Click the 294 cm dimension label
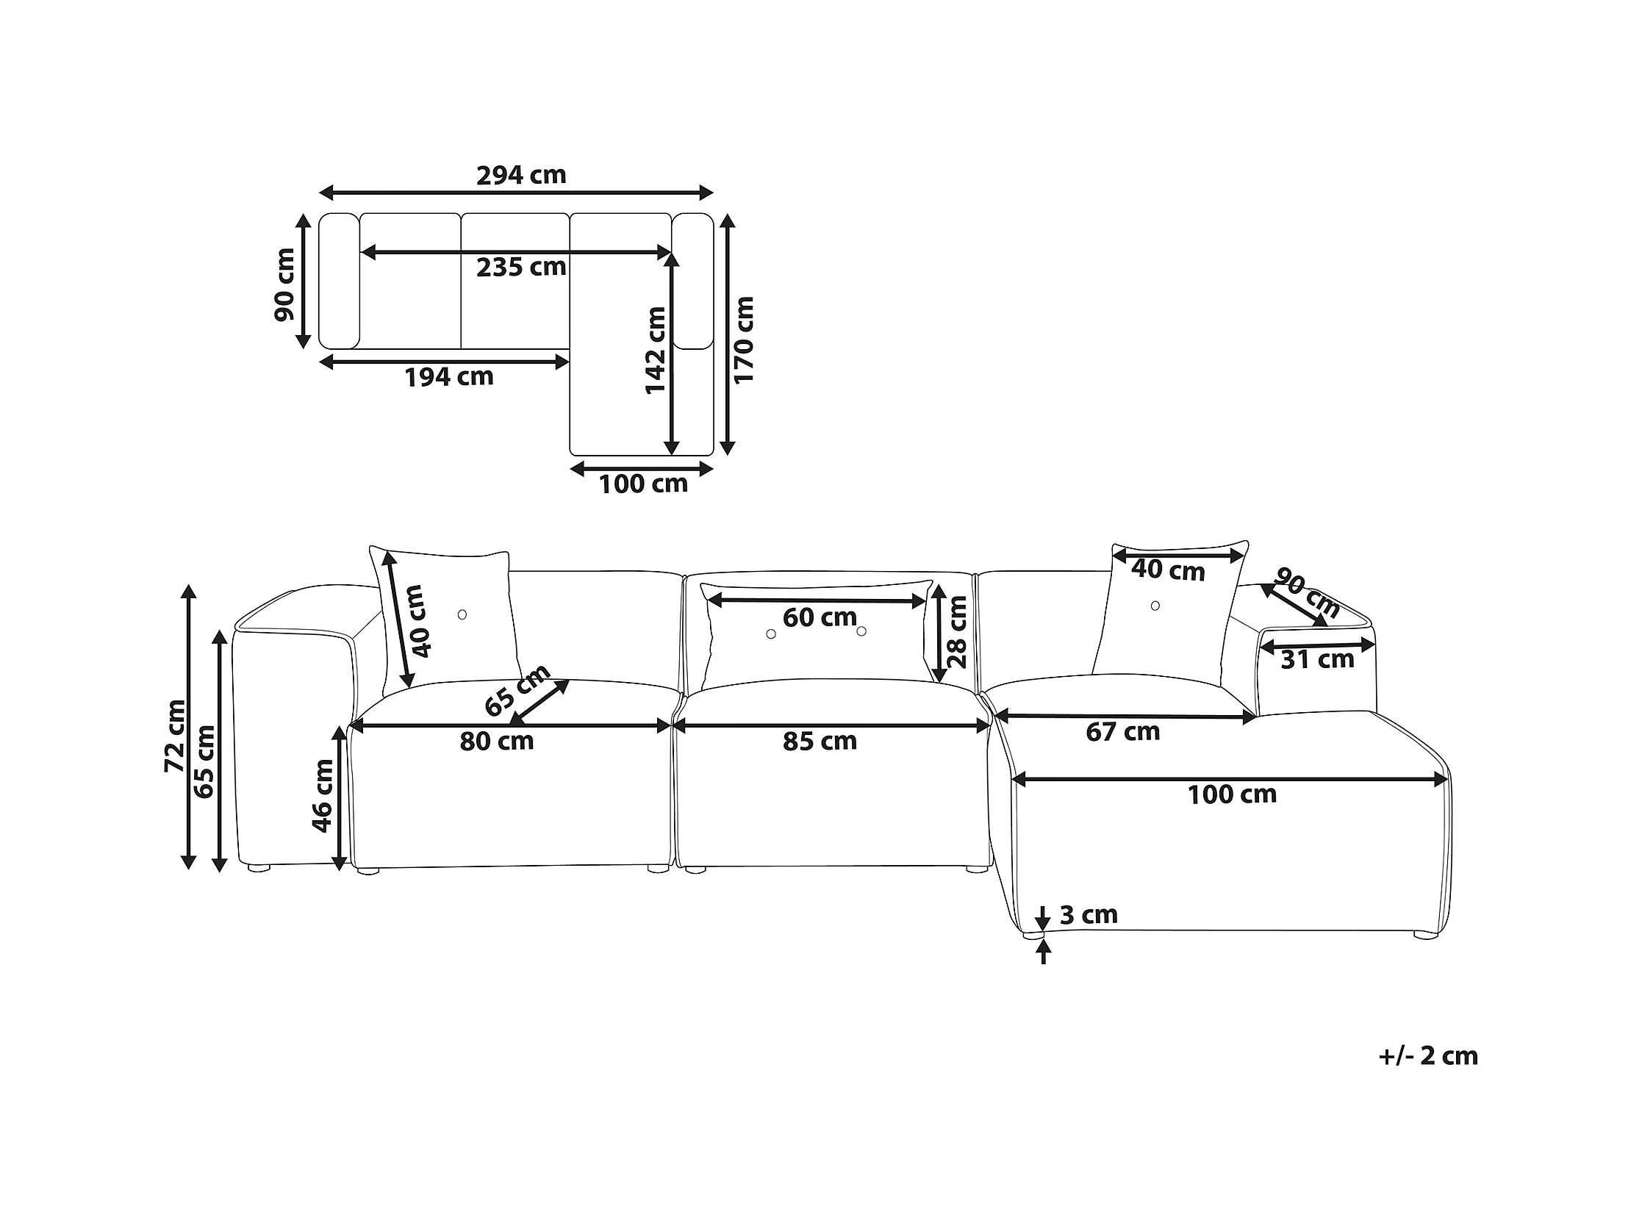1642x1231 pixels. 521,175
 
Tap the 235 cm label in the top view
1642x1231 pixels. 521,267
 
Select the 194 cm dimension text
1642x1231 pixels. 449,377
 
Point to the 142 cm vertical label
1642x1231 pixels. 656,351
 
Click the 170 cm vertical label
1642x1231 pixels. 744,340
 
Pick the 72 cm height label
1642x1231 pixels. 175,736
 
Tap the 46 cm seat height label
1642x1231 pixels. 323,795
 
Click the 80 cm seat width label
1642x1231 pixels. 497,742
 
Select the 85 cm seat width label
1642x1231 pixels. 820,742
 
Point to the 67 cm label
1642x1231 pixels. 1123,732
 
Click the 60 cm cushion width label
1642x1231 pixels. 820,617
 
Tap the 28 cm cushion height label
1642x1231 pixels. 958,632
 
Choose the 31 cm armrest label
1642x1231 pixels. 1318,659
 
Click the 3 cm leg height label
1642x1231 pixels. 1089,915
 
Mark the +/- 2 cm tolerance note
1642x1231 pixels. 1428,1056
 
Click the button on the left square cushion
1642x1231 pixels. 462,614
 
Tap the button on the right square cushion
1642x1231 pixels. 1155,606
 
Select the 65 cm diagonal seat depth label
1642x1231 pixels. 517,690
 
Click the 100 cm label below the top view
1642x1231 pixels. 643,484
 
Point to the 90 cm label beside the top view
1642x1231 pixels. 284,284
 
